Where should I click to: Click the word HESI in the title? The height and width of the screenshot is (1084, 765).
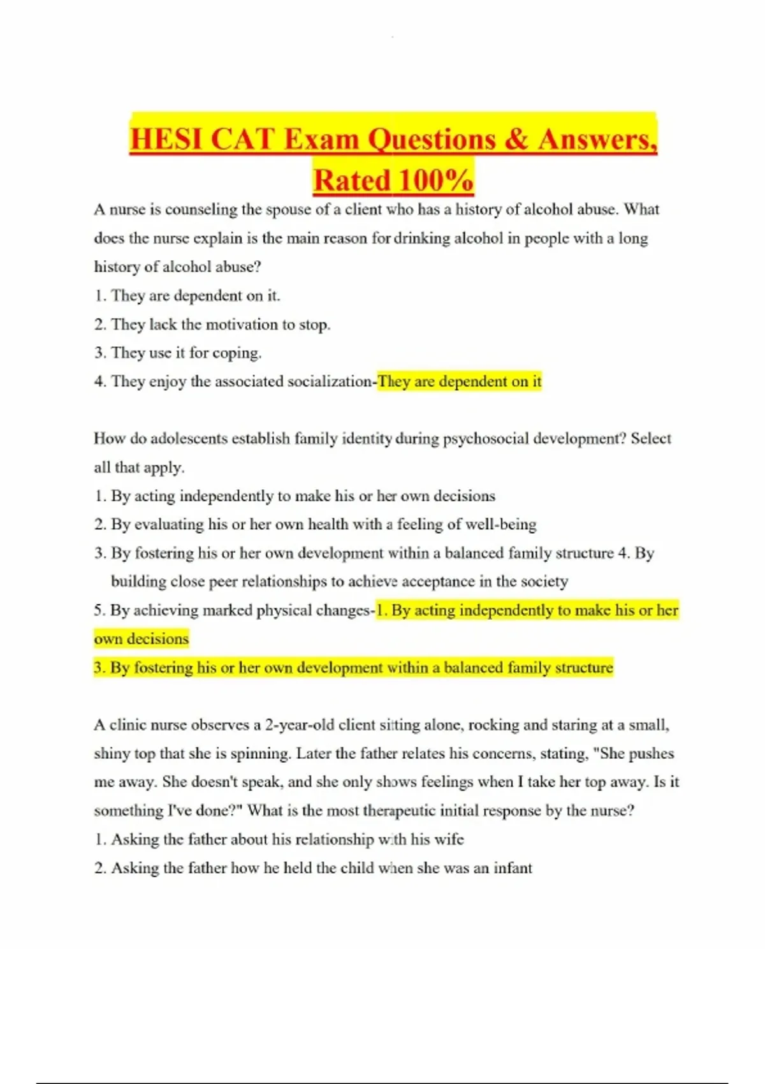(167, 139)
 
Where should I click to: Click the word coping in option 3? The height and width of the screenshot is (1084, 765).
(237, 353)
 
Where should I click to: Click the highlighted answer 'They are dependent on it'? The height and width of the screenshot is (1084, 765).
(459, 382)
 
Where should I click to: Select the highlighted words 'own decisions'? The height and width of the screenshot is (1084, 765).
(142, 639)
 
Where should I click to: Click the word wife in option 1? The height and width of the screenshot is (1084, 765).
(449, 840)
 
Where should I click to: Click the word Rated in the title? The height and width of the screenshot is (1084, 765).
(351, 180)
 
